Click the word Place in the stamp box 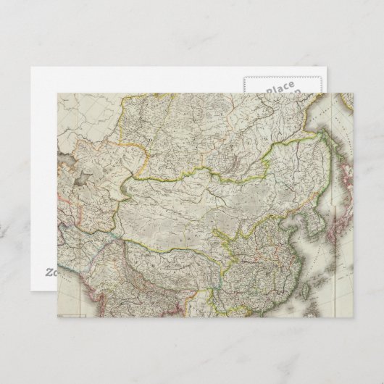pos(279,88)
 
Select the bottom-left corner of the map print pos(58,317)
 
